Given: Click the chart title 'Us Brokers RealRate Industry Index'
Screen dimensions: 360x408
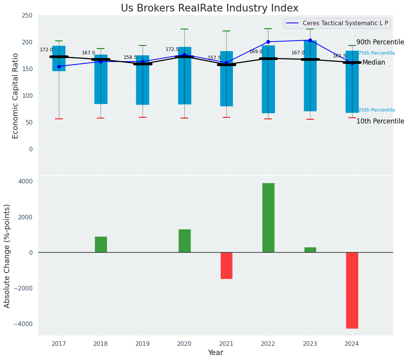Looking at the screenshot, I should [x=210, y=8].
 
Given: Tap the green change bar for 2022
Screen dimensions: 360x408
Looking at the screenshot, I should [x=268, y=217].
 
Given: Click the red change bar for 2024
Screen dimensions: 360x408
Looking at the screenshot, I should [x=352, y=290].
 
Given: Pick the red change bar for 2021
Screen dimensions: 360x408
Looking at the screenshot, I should [x=226, y=265].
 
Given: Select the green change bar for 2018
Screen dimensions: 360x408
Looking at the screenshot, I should [x=101, y=245].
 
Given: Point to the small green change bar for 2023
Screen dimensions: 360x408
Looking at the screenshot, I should [x=310, y=250].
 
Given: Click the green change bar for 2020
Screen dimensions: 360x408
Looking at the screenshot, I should [x=184, y=241].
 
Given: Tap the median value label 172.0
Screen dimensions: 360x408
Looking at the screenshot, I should [x=46, y=50].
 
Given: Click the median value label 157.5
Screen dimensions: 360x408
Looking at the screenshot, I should [x=214, y=58].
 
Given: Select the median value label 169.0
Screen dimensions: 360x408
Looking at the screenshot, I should [x=256, y=52].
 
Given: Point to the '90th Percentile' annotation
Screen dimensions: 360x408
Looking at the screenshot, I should [x=380, y=42].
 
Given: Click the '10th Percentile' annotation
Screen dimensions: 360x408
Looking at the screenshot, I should [x=380, y=121].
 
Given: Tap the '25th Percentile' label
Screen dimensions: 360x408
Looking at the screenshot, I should [x=376, y=110].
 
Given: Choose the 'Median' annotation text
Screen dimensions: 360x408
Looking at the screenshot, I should [x=374, y=62].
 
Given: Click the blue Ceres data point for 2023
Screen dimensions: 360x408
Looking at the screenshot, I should [x=310, y=40].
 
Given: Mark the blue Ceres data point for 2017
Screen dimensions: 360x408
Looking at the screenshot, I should [x=59, y=66].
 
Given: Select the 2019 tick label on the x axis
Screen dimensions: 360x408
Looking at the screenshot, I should [x=143, y=344].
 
